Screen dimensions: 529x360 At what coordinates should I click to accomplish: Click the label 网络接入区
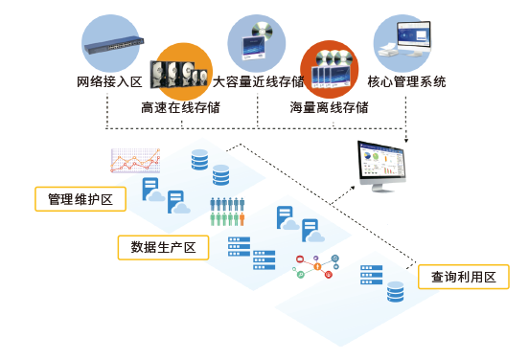[109, 82]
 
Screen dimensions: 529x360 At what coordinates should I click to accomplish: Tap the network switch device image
[114, 45]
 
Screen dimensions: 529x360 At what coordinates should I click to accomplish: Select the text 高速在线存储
[180, 107]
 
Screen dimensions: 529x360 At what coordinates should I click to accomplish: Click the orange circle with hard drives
[184, 72]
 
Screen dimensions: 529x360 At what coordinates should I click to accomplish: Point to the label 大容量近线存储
[258, 82]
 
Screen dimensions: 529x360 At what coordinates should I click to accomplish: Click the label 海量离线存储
[329, 107]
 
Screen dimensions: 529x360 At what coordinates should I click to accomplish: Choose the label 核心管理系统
[406, 82]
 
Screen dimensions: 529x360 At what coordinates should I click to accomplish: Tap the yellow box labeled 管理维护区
[80, 199]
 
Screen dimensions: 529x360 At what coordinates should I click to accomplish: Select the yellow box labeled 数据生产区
[163, 247]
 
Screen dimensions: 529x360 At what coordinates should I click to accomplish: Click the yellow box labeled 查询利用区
[464, 277]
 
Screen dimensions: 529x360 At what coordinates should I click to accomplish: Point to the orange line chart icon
[135, 161]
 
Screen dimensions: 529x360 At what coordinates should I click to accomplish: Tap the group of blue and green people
[227, 212]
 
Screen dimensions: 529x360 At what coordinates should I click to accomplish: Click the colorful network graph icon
[316, 266]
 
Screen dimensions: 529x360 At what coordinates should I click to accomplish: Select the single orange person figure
[241, 219]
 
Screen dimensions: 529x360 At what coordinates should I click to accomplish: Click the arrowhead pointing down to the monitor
[406, 140]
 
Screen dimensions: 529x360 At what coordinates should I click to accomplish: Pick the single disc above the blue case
[263, 31]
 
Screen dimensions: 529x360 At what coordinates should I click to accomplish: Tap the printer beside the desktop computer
[389, 50]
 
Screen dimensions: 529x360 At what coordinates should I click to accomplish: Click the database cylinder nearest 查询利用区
[396, 292]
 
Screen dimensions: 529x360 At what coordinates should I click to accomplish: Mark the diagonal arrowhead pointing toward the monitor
[352, 188]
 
